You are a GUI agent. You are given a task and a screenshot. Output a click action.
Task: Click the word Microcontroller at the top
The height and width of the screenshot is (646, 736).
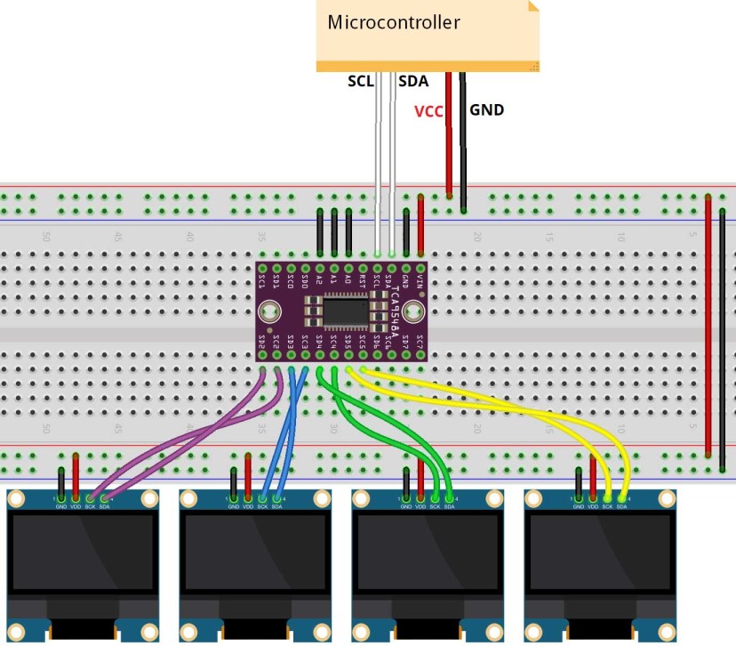[x=394, y=22]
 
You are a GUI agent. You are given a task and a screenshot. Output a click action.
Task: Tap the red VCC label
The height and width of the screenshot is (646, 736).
[x=428, y=111]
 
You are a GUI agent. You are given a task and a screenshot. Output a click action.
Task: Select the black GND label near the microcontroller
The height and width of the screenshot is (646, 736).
[x=486, y=110]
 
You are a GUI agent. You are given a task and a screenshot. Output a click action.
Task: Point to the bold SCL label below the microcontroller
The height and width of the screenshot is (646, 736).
[x=361, y=82]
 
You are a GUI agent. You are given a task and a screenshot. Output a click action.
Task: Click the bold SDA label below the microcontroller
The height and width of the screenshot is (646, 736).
[x=413, y=82]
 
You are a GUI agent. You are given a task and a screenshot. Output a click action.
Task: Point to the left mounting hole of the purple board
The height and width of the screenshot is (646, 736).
[x=269, y=311]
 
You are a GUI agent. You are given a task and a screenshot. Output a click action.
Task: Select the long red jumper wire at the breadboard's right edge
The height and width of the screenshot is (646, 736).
[x=708, y=329]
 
